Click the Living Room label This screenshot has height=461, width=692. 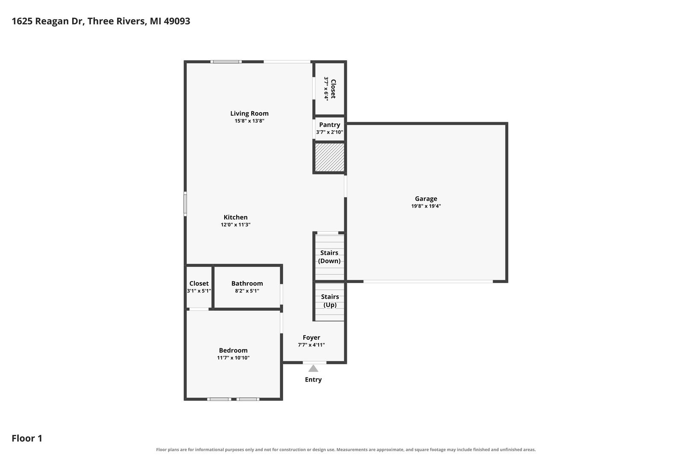[x=249, y=113]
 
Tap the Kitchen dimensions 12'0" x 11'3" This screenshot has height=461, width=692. [x=235, y=225]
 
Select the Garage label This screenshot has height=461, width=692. [x=426, y=199]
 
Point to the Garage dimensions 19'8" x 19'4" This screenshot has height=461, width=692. [x=426, y=206]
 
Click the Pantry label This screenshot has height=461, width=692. [x=329, y=125]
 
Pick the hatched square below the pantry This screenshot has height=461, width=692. [x=329, y=157]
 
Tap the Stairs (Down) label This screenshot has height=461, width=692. [x=329, y=257]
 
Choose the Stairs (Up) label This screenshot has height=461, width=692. [x=330, y=301]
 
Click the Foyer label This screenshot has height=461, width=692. [x=311, y=338]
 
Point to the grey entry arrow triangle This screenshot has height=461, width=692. [x=313, y=368]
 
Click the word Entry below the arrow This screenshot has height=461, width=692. [x=313, y=379]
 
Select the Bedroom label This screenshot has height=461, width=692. [x=233, y=350]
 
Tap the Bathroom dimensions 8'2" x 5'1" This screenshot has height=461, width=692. [x=247, y=291]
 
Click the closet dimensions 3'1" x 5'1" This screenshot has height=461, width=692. [x=199, y=291]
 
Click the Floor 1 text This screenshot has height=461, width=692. [x=27, y=438]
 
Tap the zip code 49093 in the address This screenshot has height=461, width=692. [x=177, y=21]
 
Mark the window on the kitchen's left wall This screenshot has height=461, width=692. [x=185, y=204]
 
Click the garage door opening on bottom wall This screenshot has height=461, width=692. [x=428, y=282]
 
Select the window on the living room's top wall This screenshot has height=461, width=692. [x=226, y=62]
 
